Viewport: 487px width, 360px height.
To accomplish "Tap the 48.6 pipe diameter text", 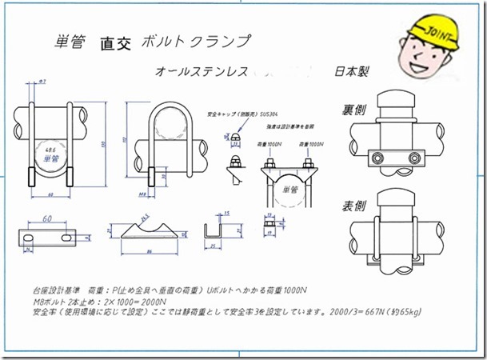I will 51,150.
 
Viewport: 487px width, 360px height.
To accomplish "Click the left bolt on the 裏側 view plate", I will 375,156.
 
